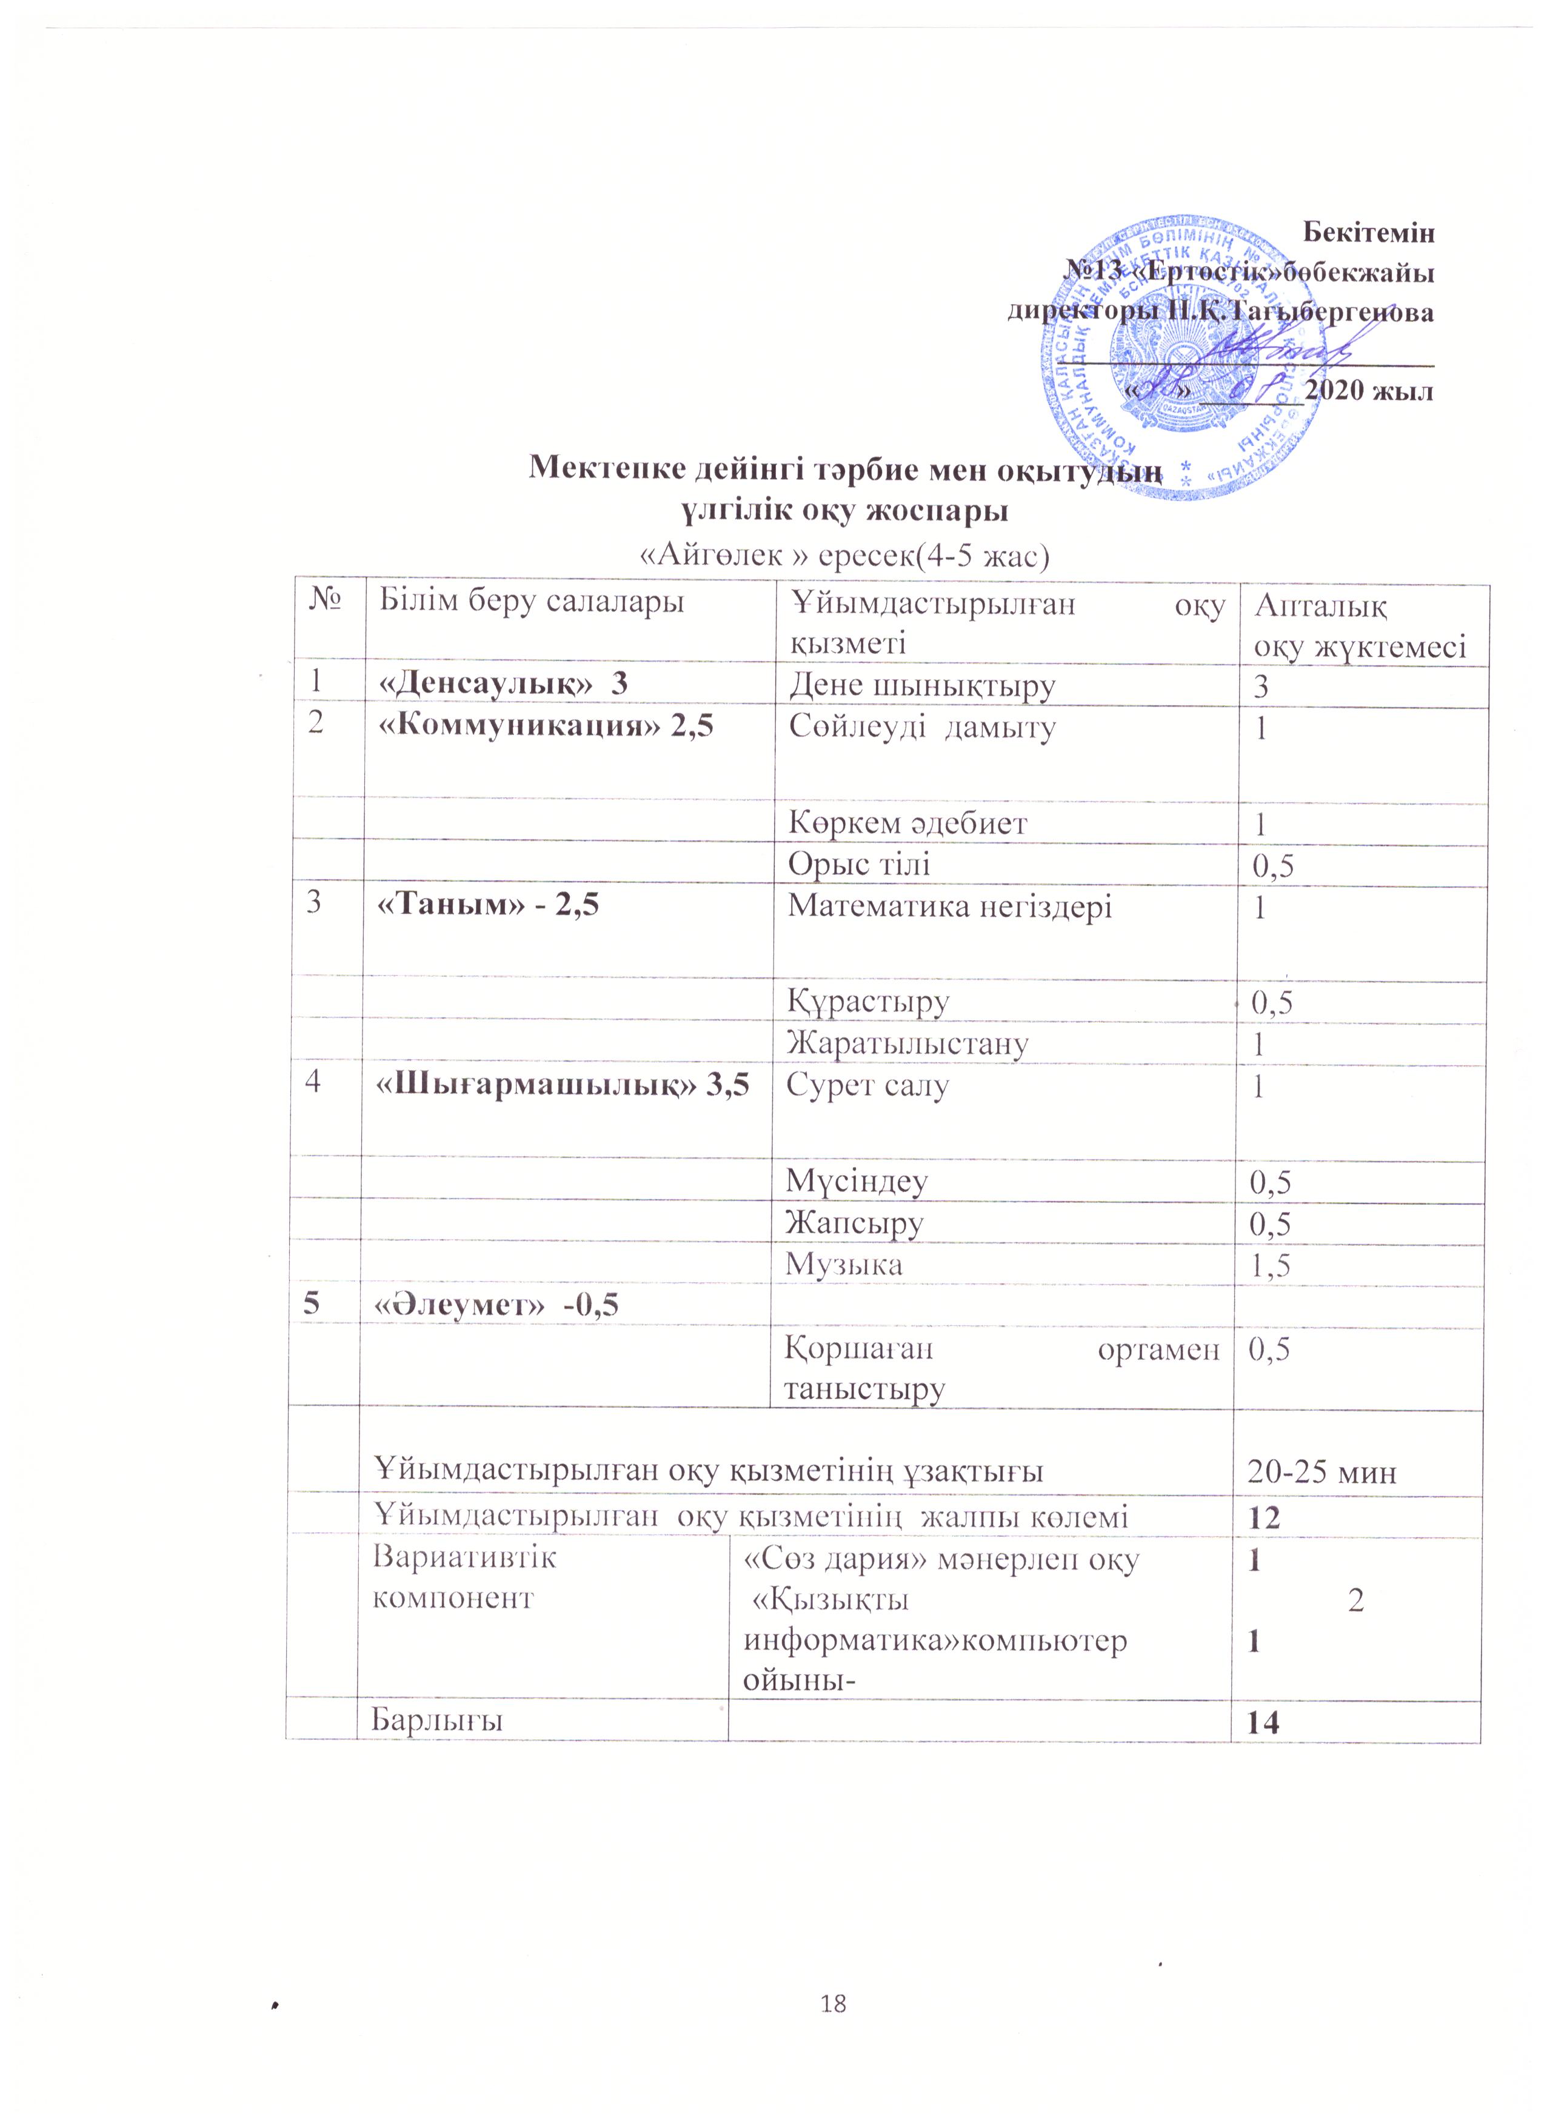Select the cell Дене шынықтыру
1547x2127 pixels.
pyautogui.click(x=922, y=687)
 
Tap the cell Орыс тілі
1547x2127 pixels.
pyautogui.click(x=860, y=864)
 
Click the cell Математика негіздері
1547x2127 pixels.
pyautogui.click(x=949, y=906)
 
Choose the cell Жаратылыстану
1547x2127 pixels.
pyautogui.click(x=908, y=1043)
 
